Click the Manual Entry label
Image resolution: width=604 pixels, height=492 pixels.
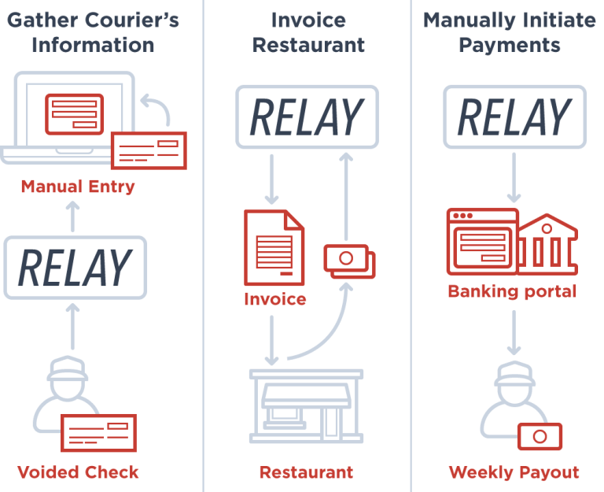78,187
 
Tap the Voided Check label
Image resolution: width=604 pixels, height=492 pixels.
78,472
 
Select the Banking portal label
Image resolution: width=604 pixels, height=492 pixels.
512,291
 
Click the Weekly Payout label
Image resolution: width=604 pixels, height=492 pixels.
514,472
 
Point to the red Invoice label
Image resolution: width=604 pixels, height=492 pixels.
275,299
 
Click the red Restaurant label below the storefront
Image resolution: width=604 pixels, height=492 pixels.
306,472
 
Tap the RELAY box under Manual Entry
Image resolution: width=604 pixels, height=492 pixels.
75,268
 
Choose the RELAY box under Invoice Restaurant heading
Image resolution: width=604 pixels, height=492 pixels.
307,117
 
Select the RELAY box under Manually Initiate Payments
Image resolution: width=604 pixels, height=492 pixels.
514,117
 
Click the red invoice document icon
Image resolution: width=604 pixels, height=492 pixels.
274,247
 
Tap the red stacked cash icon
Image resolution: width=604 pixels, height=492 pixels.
349,261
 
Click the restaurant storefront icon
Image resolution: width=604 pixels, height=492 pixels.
306,406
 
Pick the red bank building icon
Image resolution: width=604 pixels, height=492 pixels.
547,244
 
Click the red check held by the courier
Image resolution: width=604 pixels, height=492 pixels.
98,433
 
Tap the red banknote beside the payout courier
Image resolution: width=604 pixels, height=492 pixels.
540,436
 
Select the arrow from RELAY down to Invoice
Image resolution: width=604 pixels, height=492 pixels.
271,179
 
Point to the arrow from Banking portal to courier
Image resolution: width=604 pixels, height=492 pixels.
514,332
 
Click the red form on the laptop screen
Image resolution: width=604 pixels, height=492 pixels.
75,114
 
